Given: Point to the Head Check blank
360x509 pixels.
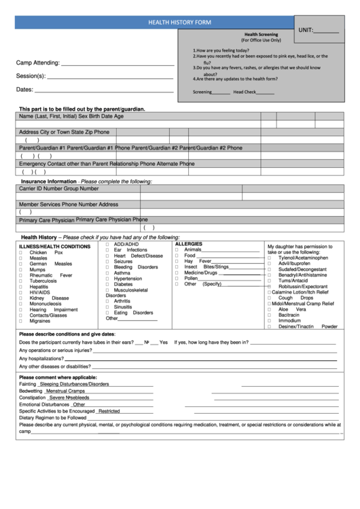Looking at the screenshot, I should pyautogui.click(x=266, y=92).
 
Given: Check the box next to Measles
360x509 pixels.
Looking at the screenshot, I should pyautogui.click(x=22, y=258).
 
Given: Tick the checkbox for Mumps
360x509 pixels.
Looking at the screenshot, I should pyautogui.click(x=22, y=270).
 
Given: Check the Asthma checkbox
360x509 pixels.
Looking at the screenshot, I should pyautogui.click(x=107, y=273).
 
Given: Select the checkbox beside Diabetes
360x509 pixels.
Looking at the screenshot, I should pyautogui.click(x=107, y=284).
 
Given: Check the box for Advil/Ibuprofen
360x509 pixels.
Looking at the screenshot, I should pyautogui.click(x=270, y=264).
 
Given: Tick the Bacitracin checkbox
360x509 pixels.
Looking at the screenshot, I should pyautogui.click(x=270, y=315).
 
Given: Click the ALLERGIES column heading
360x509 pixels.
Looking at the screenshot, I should pyautogui.click(x=189, y=243).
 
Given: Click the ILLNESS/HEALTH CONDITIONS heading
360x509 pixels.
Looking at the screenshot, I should pyautogui.click(x=54, y=246).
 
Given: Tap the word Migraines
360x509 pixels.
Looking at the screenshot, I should pyautogui.click(x=40, y=321).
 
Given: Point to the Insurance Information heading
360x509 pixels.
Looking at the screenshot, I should pyautogui.click(x=49, y=181).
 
